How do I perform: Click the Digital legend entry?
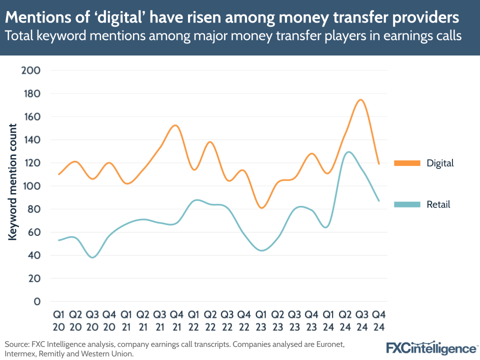[x=439, y=163]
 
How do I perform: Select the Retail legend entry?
[x=438, y=204]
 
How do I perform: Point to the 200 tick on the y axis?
[x=30, y=70]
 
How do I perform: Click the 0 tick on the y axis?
[x=36, y=301]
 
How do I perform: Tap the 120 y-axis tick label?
[x=30, y=163]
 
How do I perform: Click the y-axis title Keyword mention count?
[x=12, y=182]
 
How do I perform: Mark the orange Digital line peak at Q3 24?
[x=360, y=99]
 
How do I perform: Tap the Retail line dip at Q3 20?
[x=92, y=257]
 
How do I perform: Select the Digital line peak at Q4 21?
[x=175, y=125]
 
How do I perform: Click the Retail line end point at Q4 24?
[x=378, y=201]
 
